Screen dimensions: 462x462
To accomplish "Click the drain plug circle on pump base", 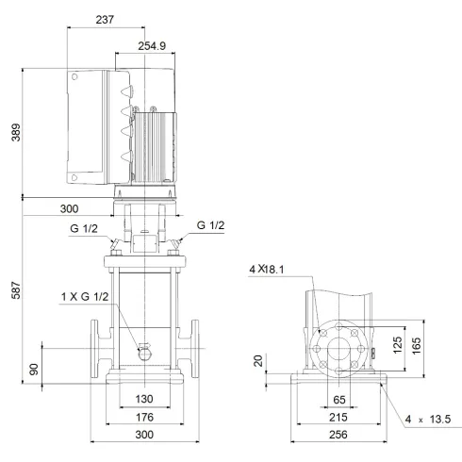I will [x=144, y=353].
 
